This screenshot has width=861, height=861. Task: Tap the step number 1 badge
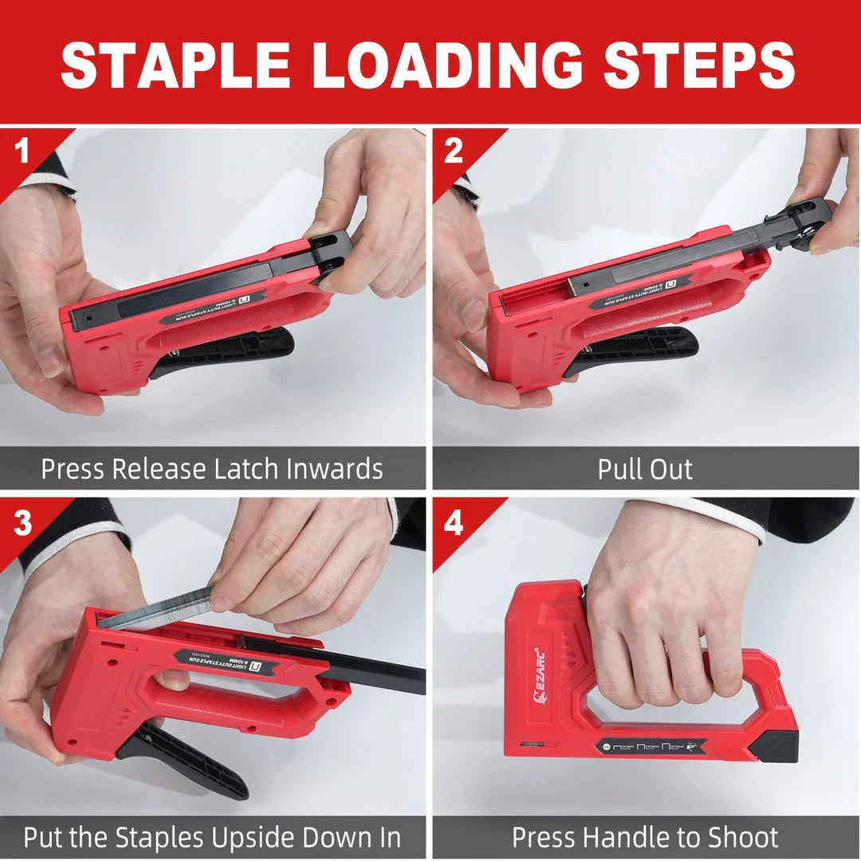click(x=22, y=151)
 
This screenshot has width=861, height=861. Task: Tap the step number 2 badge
click(x=453, y=151)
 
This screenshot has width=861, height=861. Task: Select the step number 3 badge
click(x=22, y=522)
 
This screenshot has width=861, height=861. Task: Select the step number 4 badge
click(x=453, y=522)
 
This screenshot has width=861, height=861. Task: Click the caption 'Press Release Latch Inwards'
click(x=212, y=469)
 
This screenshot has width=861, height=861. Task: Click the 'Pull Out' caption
click(x=645, y=469)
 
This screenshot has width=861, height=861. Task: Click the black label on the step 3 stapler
click(x=227, y=662)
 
